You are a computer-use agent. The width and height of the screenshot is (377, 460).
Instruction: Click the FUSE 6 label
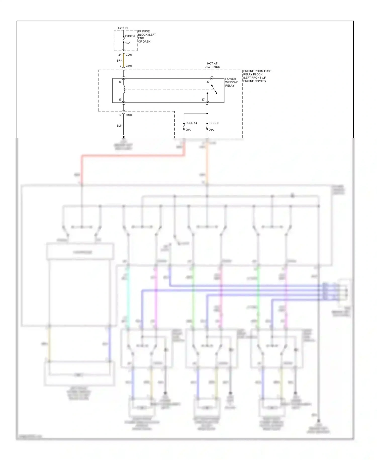[130, 36]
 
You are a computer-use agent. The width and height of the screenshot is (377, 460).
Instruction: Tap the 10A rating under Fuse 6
[128, 43]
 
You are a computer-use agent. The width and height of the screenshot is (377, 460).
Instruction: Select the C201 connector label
[129, 55]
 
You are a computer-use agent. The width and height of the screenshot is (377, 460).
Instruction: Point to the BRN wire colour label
[119, 61]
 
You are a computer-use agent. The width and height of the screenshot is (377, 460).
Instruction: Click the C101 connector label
[129, 66]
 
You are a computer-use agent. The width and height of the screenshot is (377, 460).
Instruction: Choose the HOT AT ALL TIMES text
[212, 65]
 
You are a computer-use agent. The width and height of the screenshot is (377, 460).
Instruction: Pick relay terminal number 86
[120, 82]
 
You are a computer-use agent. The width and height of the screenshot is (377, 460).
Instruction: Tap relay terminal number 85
[120, 100]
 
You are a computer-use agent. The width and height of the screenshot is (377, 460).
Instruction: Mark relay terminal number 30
[208, 82]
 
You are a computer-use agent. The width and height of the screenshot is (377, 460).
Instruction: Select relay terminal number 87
[203, 100]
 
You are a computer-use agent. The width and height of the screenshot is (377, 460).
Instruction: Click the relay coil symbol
[124, 89]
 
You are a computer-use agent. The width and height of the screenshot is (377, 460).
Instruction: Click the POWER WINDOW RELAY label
[231, 82]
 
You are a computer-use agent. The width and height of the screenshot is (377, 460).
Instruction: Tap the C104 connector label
[129, 115]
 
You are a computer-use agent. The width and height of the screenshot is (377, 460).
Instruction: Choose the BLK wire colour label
[119, 126]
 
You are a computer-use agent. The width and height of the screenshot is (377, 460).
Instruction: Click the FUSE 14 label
[191, 123]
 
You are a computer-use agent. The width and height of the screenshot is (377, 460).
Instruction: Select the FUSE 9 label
[214, 123]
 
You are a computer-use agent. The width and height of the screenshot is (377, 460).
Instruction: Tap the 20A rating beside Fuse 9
[211, 130]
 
